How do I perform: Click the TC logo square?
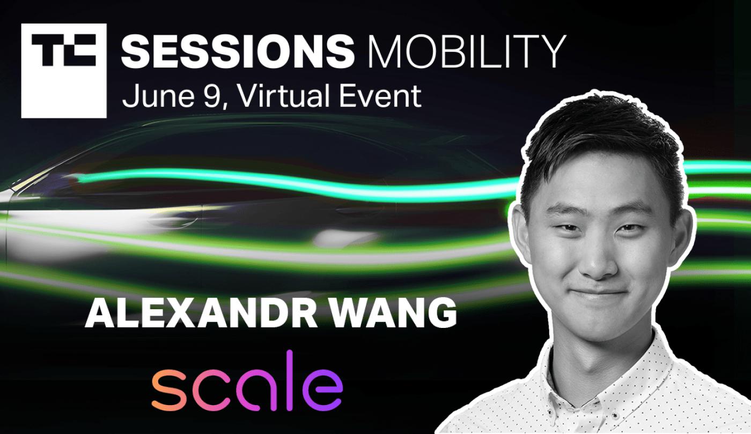pyautogui.click(x=64, y=71)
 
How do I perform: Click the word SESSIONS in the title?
pyautogui.click(x=238, y=52)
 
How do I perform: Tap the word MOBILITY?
pyautogui.click(x=467, y=52)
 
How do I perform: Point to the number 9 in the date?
pyautogui.click(x=212, y=96)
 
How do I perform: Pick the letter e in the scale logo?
pyautogui.click(x=322, y=391)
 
